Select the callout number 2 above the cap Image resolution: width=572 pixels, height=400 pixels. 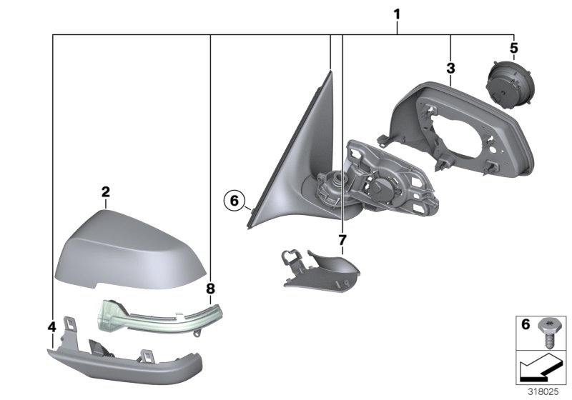105,191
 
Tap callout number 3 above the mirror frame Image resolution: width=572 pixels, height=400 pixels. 450,69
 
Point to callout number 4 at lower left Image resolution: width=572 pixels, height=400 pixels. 51,327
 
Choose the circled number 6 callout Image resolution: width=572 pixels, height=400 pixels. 233,201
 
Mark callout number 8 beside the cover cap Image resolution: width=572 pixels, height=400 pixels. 210,289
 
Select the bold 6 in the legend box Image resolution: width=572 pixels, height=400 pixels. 525,324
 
